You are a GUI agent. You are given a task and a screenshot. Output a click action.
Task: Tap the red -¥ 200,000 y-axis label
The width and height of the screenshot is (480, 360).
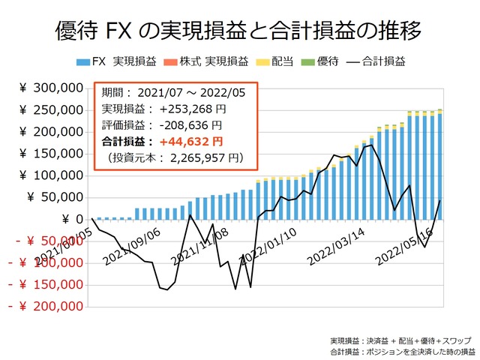pyautogui.click(x=45, y=307)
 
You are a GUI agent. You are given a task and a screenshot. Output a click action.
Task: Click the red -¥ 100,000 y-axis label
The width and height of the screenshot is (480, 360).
pyautogui.click(x=45, y=263)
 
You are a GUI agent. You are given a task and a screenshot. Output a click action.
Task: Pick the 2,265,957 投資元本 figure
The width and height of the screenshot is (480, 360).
pyautogui.click(x=200, y=157)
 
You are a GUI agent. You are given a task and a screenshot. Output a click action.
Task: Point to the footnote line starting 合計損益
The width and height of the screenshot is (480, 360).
pyautogui.click(x=402, y=351)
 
